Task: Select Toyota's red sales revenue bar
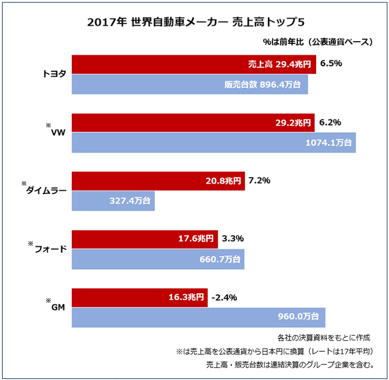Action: tap(194, 64)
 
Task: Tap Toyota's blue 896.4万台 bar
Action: tap(189, 85)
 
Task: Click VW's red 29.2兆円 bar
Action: tap(194, 122)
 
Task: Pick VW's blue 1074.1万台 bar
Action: tap(214, 143)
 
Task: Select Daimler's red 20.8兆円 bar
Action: tap(158, 181)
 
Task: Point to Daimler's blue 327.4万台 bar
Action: tap(113, 201)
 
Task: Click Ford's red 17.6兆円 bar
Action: tap(145, 239)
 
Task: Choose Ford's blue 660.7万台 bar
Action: tap(158, 259)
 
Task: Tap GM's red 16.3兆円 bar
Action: tap(139, 297)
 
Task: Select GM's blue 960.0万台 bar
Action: tap(198, 317)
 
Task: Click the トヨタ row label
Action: tap(54, 74)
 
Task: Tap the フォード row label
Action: tap(51, 249)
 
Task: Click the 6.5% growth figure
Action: tap(331, 63)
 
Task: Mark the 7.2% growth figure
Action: tap(259, 181)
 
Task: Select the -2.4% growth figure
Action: tap(225, 297)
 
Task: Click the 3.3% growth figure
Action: tap(233, 239)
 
